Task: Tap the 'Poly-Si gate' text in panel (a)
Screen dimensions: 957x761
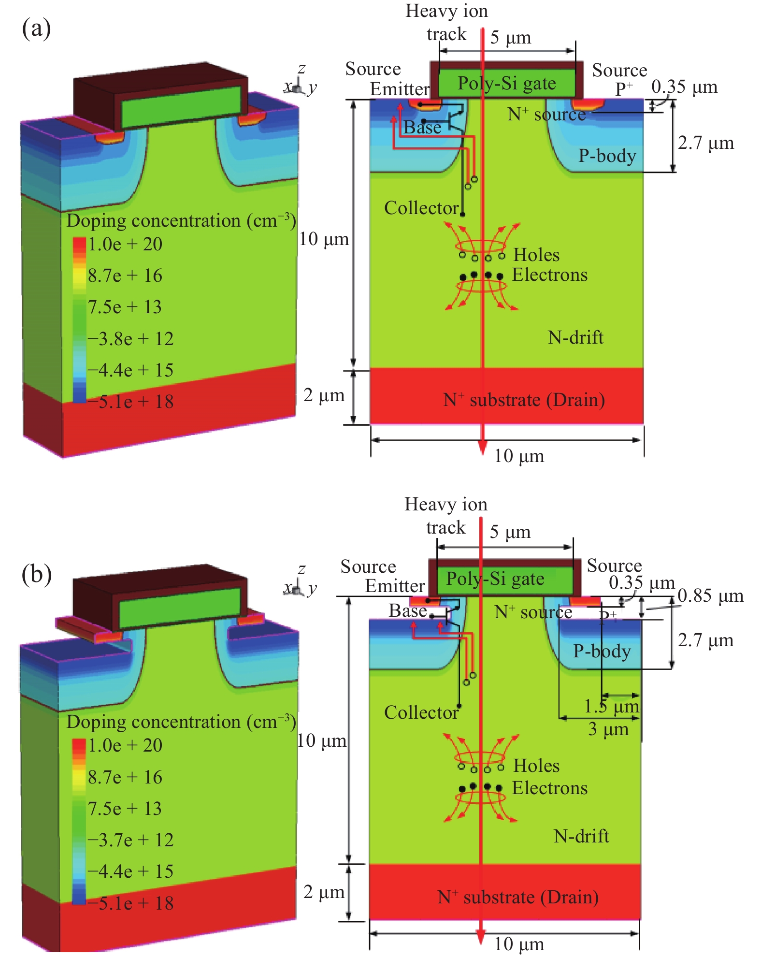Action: [x=506, y=83]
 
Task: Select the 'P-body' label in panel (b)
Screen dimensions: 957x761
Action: [x=602, y=651]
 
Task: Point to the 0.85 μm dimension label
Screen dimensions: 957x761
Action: [x=710, y=596]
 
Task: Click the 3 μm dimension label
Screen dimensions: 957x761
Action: [x=608, y=729]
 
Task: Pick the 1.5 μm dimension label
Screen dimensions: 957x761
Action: [x=611, y=707]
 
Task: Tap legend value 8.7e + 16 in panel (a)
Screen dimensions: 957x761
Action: [x=125, y=275]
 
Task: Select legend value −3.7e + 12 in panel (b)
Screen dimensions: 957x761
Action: [x=130, y=840]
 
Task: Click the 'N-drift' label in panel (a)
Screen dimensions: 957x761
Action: [x=575, y=337]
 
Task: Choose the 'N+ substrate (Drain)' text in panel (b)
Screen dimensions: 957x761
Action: [x=518, y=897]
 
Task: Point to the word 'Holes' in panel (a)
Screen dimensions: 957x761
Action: [x=536, y=255]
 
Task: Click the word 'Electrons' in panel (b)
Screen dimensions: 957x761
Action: [x=550, y=788]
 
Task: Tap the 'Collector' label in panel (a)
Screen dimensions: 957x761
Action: [x=421, y=208]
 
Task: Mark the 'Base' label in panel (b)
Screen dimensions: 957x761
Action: [x=408, y=611]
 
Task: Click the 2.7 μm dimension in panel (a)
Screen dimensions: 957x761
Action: [x=705, y=143]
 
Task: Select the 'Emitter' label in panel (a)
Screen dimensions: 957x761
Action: [x=400, y=89]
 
